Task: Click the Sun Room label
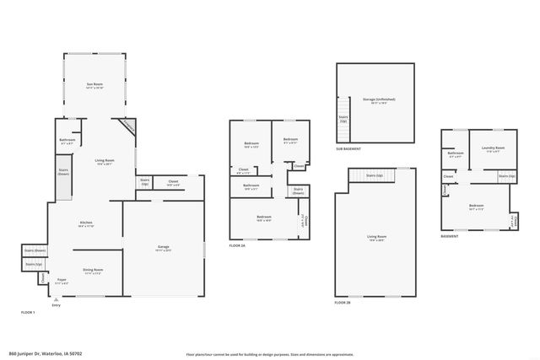94,85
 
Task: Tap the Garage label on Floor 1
164,248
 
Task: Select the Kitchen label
86,224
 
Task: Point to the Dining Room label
92,271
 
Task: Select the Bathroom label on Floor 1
67,141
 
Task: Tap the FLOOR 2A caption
237,245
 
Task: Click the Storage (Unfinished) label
379,100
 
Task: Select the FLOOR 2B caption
342,302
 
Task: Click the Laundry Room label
494,150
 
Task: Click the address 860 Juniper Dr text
46,354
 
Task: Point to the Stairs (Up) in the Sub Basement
343,120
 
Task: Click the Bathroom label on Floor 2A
251,186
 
